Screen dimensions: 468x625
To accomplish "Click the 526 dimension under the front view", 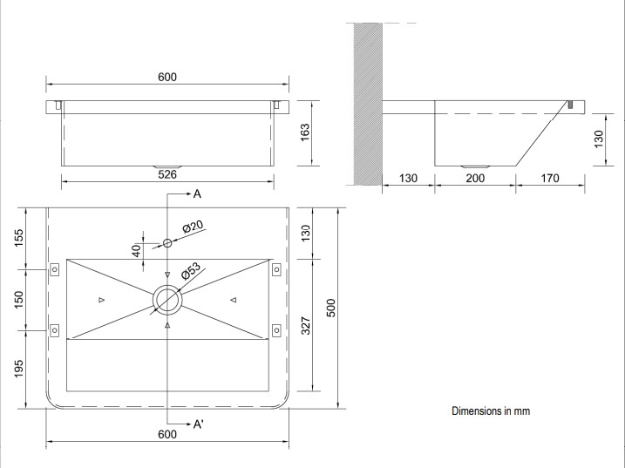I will pos(167,174).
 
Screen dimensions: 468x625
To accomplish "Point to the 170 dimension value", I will pos(550,178).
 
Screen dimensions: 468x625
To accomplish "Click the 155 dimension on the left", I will pos(20,238).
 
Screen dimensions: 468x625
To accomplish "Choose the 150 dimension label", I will pos(20,300).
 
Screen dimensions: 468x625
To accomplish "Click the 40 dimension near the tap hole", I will pos(135,251).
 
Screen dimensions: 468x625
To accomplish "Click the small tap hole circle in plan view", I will pos(167,243).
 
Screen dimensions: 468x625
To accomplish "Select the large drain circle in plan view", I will pos(167,300).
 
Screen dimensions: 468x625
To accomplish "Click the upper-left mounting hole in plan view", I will pos(54,269).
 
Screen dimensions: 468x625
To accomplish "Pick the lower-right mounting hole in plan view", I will pos(276,329).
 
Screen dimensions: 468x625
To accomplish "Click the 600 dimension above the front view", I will pos(167,77).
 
